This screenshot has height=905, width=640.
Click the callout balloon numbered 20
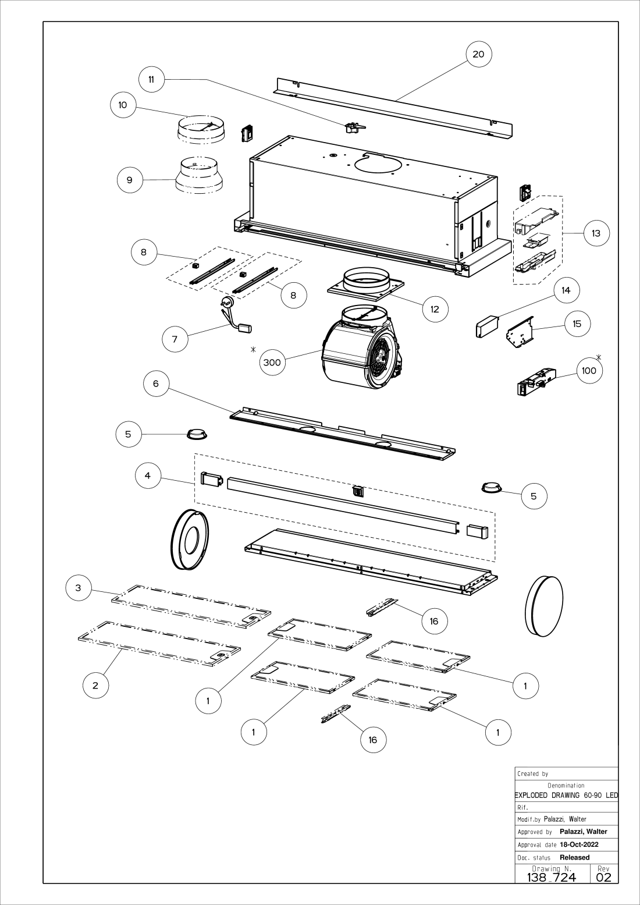point(478,54)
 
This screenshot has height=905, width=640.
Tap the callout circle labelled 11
point(151,80)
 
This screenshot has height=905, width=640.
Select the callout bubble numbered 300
point(272,363)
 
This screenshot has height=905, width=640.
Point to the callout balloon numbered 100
point(589,371)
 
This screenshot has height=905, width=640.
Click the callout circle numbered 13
point(596,233)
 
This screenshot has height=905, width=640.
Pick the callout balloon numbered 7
point(175,339)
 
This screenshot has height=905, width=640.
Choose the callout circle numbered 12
point(435,309)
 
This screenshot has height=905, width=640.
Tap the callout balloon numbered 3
point(79,587)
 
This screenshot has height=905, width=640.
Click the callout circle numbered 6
point(157,384)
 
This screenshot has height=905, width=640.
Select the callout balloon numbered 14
point(566,290)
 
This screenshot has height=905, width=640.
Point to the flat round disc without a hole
point(543,605)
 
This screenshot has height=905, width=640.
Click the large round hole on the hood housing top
point(378,164)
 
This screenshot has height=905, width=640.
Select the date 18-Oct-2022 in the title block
point(579,844)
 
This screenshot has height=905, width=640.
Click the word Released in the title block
point(575,857)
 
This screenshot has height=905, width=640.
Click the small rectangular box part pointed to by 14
point(488,327)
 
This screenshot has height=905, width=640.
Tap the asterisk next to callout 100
point(599,357)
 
